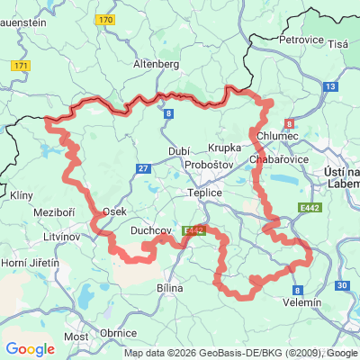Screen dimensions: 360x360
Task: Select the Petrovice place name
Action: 301,40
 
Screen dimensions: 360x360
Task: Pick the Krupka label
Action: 225,147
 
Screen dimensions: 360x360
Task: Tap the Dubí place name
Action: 178,151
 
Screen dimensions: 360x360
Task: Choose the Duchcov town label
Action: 151,230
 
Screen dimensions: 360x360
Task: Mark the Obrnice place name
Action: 118,333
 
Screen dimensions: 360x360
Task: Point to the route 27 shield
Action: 143,167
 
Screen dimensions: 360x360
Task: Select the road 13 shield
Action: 330,85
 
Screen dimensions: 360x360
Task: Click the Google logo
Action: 30,349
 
